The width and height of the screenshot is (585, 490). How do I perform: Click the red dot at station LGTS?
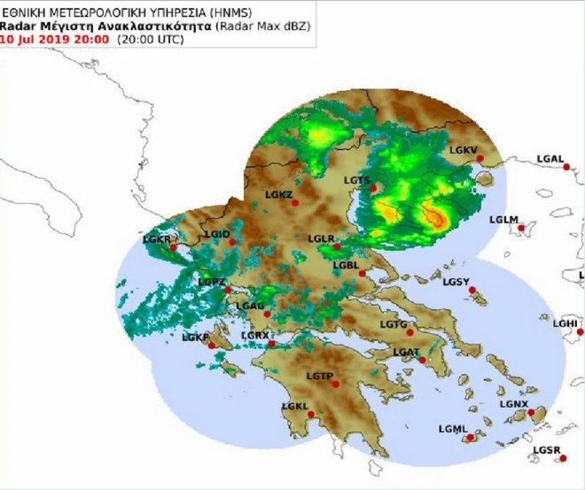point(374,188)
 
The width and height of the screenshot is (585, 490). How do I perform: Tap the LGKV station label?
point(463,150)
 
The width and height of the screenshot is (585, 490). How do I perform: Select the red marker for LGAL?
point(566,167)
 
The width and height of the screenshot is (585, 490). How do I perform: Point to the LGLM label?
point(503,219)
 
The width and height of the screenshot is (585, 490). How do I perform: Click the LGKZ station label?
point(278,195)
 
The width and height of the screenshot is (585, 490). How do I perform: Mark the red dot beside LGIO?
point(232,242)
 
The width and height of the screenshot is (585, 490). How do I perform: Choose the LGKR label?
point(156,239)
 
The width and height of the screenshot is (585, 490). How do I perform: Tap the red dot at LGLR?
point(337,247)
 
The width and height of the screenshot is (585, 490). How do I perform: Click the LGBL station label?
point(346,265)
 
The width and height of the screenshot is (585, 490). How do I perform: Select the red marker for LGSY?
point(472,290)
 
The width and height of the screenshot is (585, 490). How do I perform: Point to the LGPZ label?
point(211,283)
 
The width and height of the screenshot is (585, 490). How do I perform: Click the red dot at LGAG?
point(267,314)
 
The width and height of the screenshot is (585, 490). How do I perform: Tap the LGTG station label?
point(393,324)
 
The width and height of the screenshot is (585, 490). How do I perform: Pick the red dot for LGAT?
point(422,360)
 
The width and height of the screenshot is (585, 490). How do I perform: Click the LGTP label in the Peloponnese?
point(319,376)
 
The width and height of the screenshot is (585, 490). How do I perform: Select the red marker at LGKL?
point(310,414)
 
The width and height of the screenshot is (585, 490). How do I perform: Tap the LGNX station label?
point(513,404)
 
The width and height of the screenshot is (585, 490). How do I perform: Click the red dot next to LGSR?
point(562,458)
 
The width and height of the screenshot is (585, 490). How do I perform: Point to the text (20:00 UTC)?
point(150,39)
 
